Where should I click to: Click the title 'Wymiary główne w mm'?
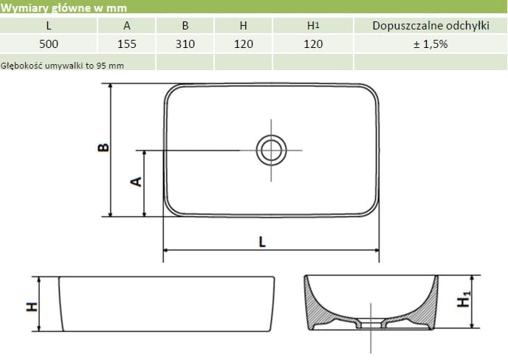64,8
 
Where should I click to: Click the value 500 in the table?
48,44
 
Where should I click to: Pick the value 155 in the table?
127,44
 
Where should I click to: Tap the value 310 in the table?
185,44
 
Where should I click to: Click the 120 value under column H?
243,44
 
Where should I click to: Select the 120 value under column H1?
313,44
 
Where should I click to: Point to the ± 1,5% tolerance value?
430,44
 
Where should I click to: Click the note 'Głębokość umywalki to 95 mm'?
62,64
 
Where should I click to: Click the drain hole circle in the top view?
270,150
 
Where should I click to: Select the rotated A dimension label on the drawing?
136,181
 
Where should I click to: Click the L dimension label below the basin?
262,240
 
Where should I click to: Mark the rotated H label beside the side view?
32,305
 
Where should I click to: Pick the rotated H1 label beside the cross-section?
464,302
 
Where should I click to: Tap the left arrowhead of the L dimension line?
166,250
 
